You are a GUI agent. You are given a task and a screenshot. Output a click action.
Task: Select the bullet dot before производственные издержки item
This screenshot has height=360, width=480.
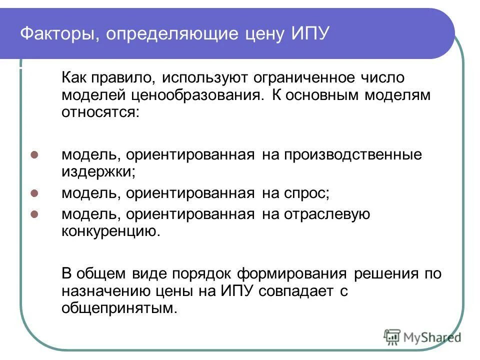34,155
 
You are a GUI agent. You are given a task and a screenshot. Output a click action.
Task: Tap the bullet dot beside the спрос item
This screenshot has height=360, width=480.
34,192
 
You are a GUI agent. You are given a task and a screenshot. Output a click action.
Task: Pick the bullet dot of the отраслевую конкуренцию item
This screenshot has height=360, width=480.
34,214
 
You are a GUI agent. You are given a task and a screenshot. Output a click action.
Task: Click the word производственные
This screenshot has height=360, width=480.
353,154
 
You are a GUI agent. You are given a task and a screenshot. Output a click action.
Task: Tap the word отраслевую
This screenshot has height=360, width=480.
327,214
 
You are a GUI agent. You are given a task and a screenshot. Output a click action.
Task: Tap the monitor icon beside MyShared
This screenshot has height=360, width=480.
393,337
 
